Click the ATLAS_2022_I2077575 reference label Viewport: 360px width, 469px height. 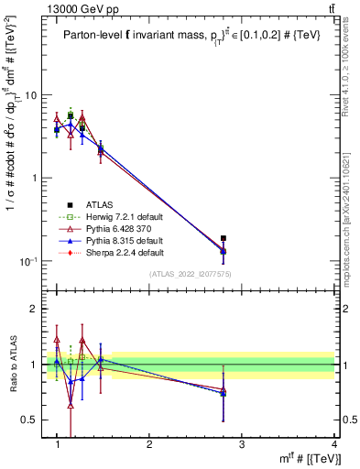[x=191, y=274]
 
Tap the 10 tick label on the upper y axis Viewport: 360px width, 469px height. [x=30, y=95]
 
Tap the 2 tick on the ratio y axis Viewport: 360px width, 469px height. [x=34, y=309]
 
